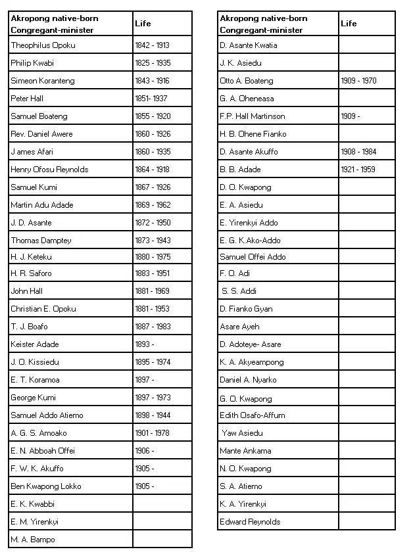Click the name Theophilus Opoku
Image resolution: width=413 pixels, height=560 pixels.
(x=43, y=45)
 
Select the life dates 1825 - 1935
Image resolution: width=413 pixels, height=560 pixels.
(x=153, y=63)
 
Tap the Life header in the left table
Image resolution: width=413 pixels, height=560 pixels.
(x=143, y=24)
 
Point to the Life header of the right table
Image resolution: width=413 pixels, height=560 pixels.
(x=349, y=24)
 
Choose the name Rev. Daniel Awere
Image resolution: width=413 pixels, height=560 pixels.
(x=41, y=134)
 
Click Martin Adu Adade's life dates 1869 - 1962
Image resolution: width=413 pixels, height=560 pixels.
(x=153, y=205)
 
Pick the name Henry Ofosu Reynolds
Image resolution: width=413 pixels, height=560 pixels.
(x=49, y=170)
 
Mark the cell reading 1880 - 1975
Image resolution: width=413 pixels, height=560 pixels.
(x=153, y=257)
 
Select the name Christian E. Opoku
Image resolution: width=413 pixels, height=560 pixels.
(x=43, y=309)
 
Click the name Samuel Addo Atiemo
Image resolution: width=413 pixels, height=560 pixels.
(x=47, y=415)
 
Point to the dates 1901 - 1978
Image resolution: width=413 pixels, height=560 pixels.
(x=153, y=433)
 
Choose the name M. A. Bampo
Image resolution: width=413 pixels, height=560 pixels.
(x=33, y=540)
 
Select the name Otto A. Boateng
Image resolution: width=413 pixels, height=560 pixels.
(x=247, y=81)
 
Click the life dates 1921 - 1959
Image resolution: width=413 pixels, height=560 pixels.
(x=358, y=170)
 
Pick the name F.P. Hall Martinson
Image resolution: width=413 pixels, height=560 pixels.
(x=253, y=116)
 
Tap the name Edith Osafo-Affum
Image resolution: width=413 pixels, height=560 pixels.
(x=253, y=415)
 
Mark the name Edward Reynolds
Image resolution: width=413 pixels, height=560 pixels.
(x=250, y=522)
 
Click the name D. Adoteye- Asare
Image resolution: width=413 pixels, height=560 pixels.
(x=251, y=344)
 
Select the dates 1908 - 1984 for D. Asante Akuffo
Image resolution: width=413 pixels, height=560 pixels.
(x=358, y=152)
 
